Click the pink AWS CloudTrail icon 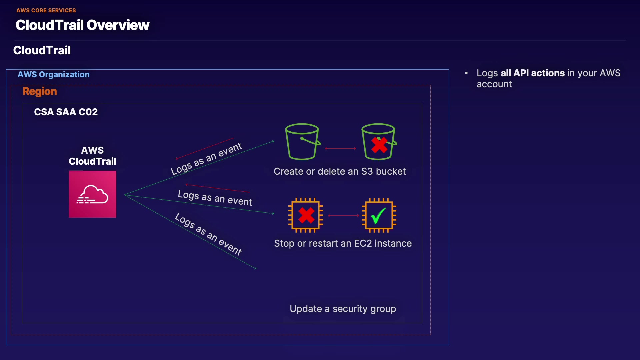pos(92,194)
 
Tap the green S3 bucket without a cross pos(303,142)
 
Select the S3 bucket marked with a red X pos(379,142)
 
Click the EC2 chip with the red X pos(305,215)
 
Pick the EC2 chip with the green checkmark pos(379,215)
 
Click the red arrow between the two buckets pos(340,148)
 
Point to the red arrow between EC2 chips pos(343,216)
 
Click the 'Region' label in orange pos(40,91)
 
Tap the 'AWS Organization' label pos(53,74)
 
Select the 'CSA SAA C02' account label pos(66,112)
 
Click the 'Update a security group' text pos(343,309)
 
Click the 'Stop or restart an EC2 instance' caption pos(343,243)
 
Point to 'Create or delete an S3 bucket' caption pos(340,171)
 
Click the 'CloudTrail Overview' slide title pos(82,25)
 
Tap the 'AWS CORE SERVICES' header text pos(46,10)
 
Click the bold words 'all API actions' pos(532,73)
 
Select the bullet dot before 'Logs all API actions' pos(466,73)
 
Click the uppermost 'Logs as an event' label pos(207,159)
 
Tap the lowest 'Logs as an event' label pos(208,234)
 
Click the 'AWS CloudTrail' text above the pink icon pos(92,156)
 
